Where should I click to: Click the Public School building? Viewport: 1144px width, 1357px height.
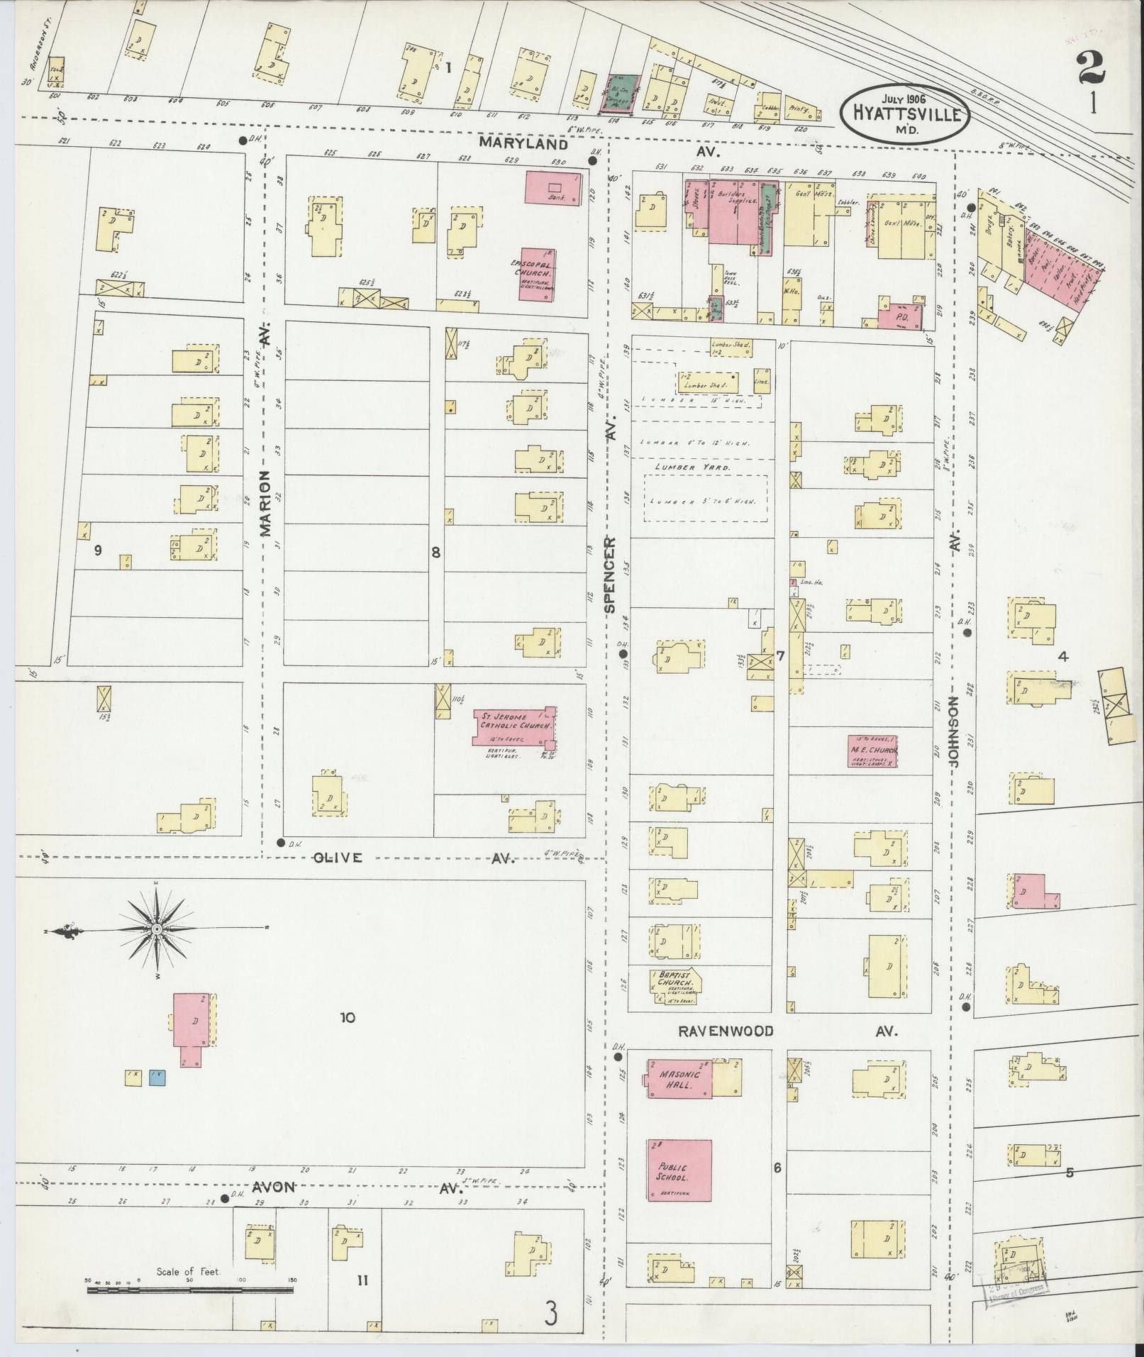[x=679, y=1170]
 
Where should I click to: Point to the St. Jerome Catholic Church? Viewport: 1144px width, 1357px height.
[x=514, y=726]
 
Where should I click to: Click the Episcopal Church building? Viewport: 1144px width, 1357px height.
[x=536, y=274]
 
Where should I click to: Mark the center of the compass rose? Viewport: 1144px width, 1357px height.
[x=156, y=929]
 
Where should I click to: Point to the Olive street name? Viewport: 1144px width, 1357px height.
[x=338, y=858]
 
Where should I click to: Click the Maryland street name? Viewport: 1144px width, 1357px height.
[x=523, y=143]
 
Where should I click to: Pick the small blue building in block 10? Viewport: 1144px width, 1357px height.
[x=157, y=1098]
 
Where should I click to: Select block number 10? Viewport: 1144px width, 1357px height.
[x=346, y=1018]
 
